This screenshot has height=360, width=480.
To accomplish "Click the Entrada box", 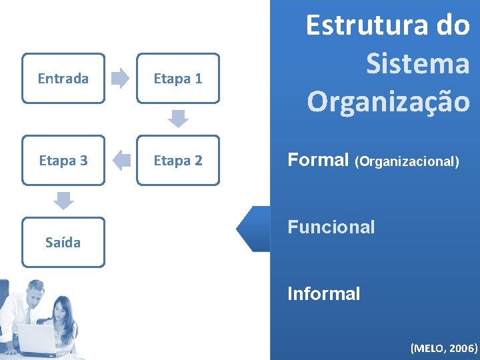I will pos(63,79).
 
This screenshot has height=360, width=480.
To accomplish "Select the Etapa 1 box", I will pos(178,79).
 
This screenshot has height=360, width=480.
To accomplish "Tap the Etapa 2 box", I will pos(178,161).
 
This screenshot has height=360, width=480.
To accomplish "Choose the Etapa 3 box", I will pos(63,161).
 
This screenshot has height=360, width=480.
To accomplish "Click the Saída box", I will pos(63,242).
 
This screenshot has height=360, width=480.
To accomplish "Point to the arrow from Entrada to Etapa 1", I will pos(121,79).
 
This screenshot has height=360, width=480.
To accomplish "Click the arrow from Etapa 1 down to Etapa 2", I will pos(178,119).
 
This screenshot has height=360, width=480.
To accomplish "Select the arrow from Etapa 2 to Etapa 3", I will pos(121,161).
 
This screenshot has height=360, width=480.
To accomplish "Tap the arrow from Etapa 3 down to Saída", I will pos(63,200).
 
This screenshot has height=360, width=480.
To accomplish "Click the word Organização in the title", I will pos(388,101).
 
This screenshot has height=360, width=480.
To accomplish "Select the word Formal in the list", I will pos(318,160).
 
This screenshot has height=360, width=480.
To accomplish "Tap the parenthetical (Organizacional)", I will pos(407,161).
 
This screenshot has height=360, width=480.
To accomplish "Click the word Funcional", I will pos(331,227).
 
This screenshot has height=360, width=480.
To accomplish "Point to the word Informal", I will pos(323,294).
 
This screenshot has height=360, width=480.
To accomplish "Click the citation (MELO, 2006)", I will pos(443,347).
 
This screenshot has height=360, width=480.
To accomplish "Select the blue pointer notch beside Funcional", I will pos(254,228).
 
